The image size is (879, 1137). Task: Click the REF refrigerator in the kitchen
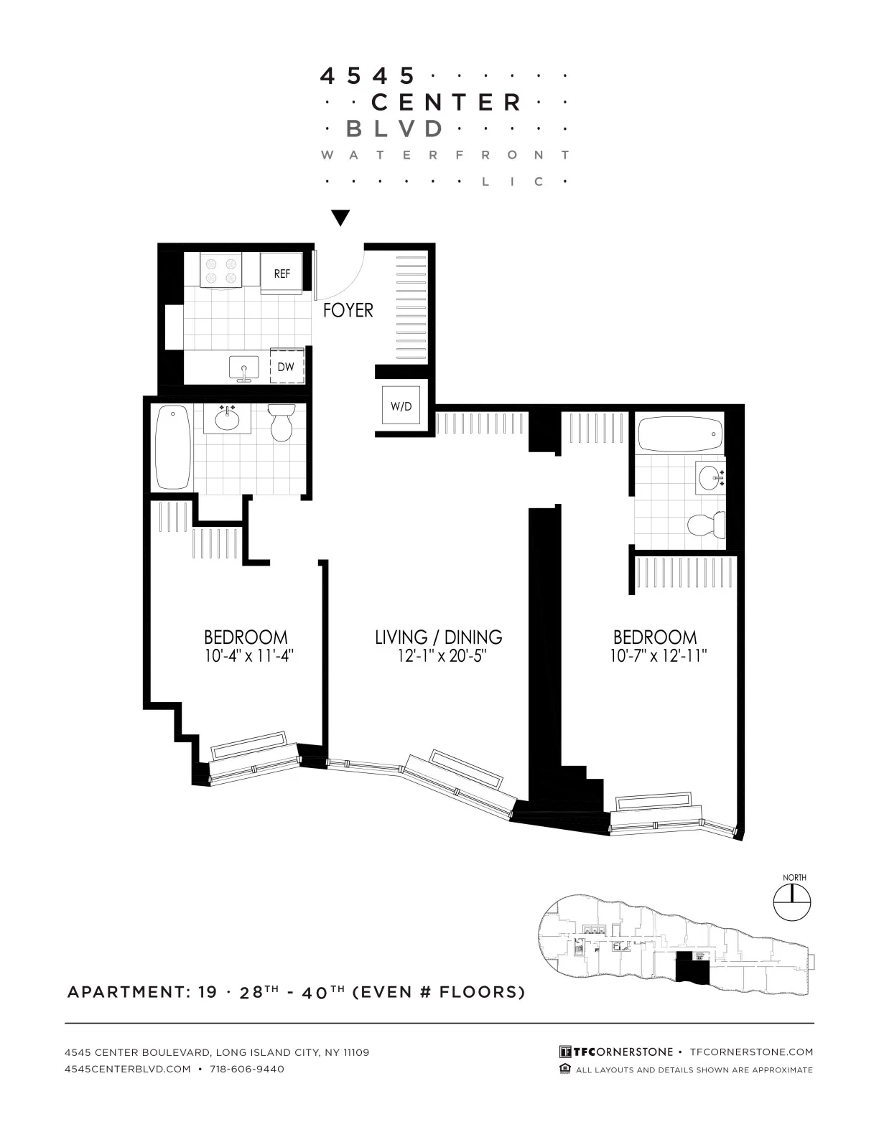(282, 273)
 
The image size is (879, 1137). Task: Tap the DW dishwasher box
(287, 366)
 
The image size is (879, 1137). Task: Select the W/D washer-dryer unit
(401, 406)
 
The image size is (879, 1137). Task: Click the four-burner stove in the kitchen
(221, 271)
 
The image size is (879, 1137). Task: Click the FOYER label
(348, 310)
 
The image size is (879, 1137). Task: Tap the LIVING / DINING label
(438, 637)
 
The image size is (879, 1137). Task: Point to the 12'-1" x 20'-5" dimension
(438, 655)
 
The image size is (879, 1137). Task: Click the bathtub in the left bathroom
(172, 446)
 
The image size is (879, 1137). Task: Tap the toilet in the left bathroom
(281, 422)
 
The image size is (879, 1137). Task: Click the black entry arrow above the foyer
(340, 217)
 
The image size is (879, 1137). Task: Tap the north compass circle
(791, 902)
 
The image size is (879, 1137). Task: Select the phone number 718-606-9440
(247, 1069)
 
